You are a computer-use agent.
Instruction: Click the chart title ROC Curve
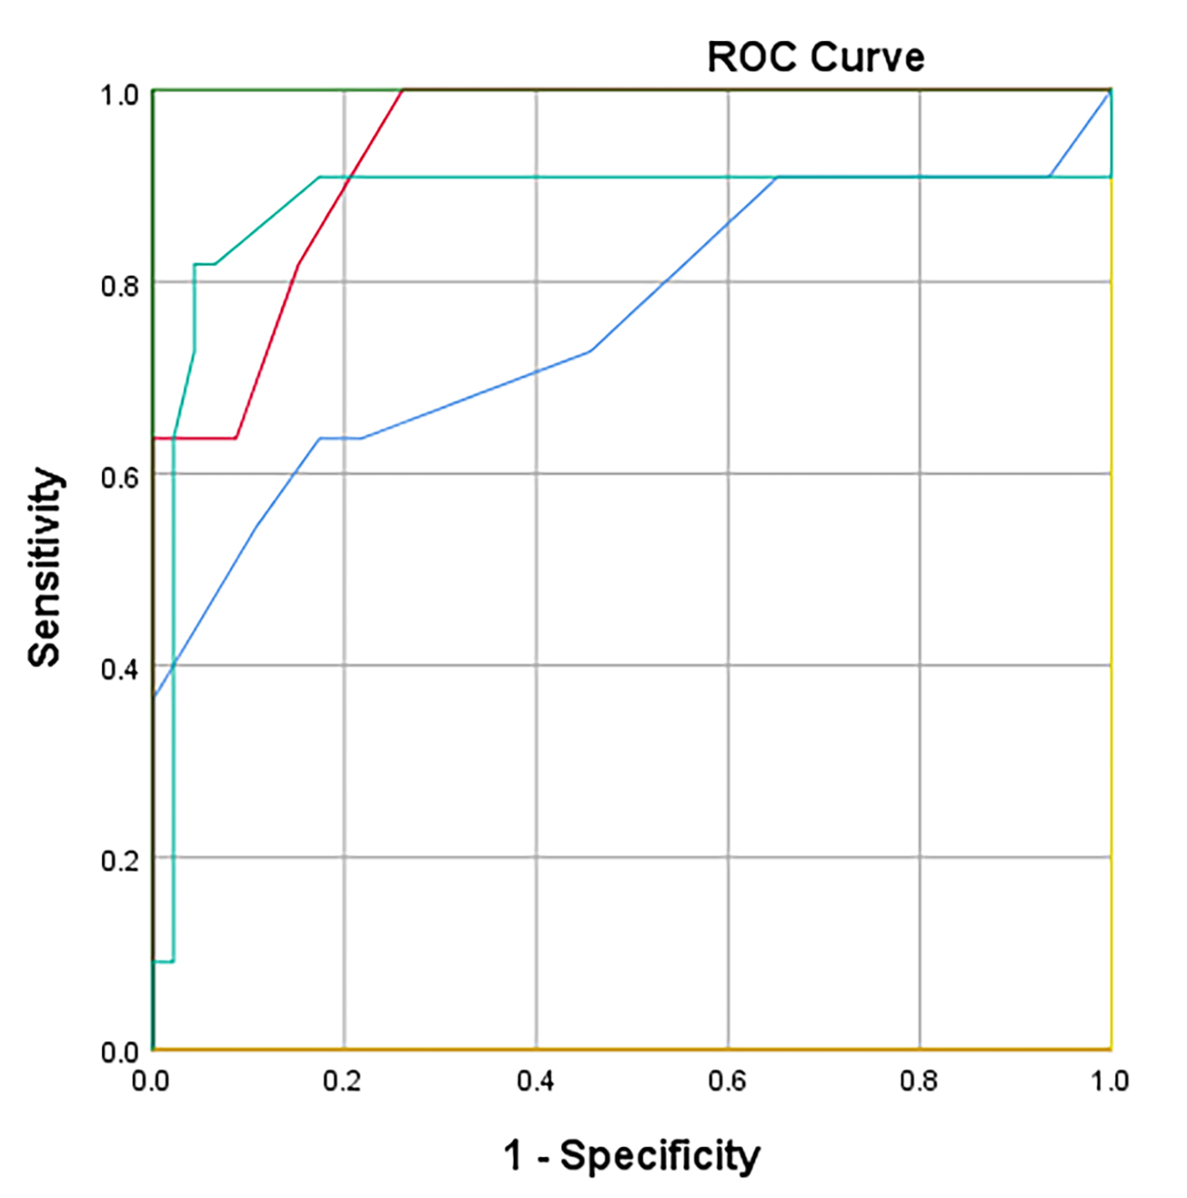point(815,57)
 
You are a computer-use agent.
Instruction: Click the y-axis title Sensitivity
point(45,568)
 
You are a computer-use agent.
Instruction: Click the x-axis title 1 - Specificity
point(631,1156)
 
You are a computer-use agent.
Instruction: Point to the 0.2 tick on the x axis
point(341,1081)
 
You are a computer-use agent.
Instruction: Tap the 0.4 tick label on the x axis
point(535,1081)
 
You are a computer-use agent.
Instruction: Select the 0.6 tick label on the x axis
point(727,1081)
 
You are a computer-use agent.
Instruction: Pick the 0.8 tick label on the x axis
point(919,1081)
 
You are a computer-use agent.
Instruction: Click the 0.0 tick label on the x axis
point(150,1081)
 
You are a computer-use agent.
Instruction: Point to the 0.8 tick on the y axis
point(119,285)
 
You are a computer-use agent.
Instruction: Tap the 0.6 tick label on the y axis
point(119,476)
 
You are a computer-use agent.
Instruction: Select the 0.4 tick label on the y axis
point(119,668)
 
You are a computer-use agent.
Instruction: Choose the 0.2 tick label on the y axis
point(119,861)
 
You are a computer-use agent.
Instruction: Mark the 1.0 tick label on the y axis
point(119,95)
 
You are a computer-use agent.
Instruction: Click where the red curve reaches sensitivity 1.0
point(403,91)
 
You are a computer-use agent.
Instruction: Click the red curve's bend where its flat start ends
point(236,439)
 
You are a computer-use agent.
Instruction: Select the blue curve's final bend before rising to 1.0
point(1049,177)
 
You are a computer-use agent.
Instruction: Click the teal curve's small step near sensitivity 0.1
point(172,961)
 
